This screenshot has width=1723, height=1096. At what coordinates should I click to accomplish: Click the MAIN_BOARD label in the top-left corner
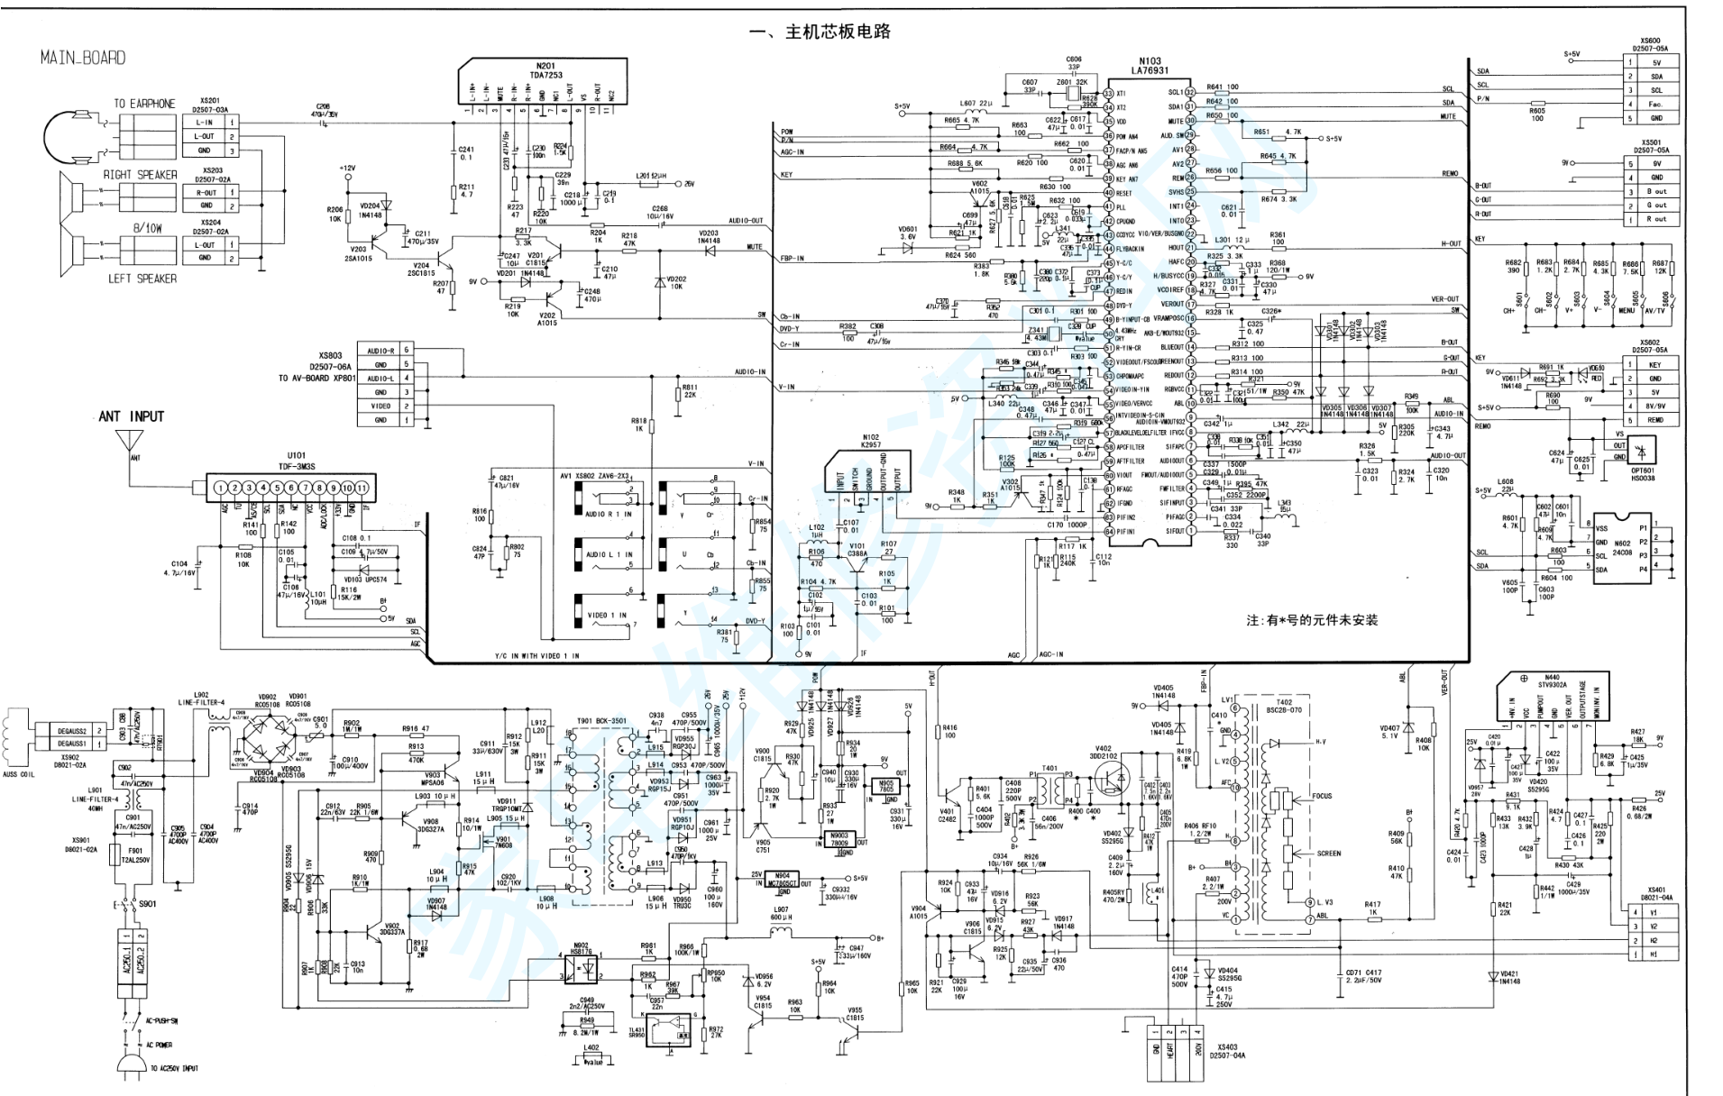82,58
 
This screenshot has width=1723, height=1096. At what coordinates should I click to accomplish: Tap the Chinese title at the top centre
820,32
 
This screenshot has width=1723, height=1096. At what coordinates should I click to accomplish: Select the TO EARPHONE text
144,104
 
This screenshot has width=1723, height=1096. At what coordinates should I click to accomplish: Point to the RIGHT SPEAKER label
140,175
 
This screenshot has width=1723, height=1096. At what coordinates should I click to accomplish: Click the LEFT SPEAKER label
142,279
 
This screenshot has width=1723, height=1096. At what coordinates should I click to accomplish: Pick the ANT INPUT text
132,416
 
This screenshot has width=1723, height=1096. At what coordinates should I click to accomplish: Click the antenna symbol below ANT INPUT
130,442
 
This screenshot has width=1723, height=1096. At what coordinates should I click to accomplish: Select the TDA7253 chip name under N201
546,76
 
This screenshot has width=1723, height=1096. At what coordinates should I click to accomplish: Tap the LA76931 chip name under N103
1150,70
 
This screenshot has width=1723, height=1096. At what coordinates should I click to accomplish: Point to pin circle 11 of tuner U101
362,489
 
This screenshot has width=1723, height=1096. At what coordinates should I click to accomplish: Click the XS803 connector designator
331,356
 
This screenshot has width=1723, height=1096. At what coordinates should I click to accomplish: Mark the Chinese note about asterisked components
1312,620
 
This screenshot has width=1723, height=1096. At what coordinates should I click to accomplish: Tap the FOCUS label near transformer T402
1322,796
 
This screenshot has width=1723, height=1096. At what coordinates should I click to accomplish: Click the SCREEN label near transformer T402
1328,854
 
